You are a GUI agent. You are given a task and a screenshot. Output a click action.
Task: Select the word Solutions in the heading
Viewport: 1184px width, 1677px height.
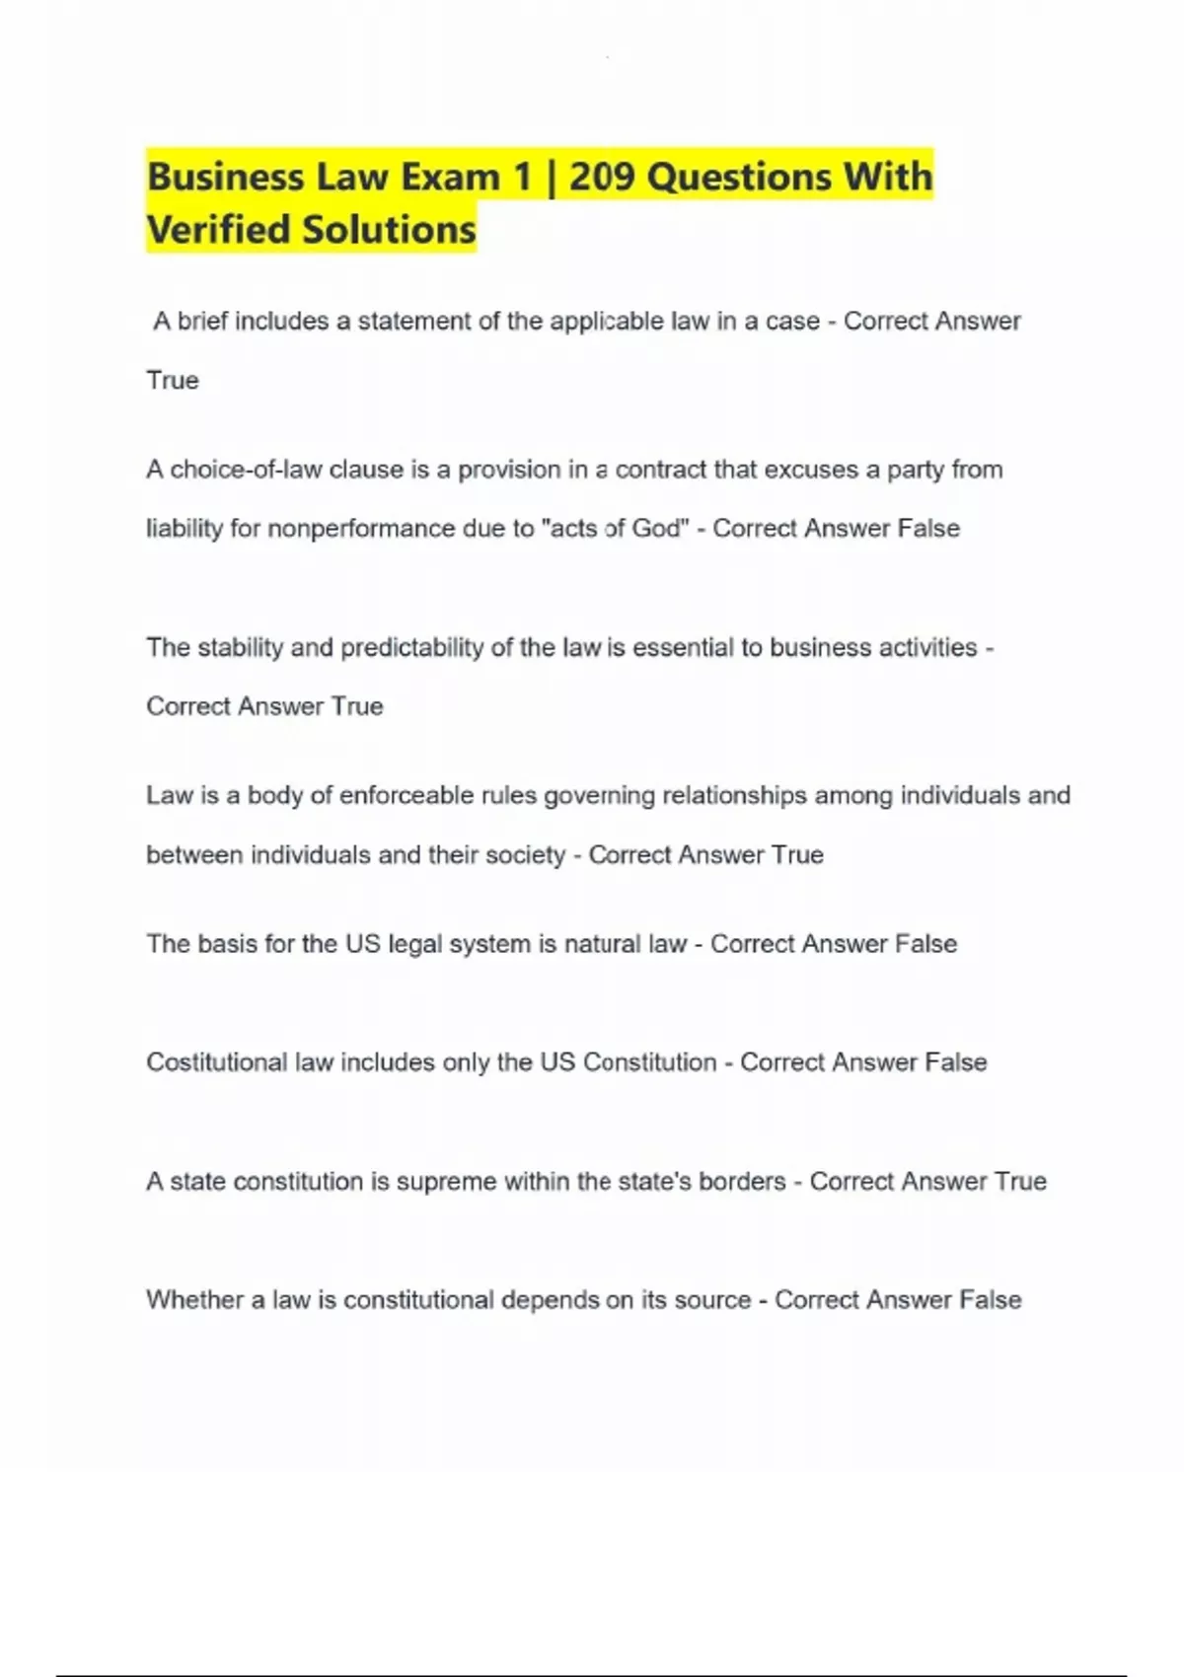pos(389,230)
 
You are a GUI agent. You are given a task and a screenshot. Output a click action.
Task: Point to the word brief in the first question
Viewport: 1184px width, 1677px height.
pos(202,322)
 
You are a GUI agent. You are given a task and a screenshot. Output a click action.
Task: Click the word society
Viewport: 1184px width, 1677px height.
pos(526,855)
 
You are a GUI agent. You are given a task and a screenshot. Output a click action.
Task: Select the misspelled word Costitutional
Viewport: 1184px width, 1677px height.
pos(217,1062)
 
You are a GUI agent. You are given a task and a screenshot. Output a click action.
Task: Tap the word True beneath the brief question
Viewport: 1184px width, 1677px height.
pos(173,381)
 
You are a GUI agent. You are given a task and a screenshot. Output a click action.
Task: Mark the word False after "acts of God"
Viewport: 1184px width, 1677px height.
pos(928,529)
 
